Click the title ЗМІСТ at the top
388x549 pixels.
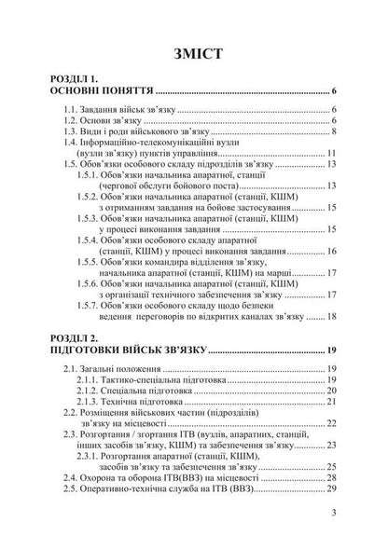pos(194,52)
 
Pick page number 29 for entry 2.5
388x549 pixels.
pos(331,511)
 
